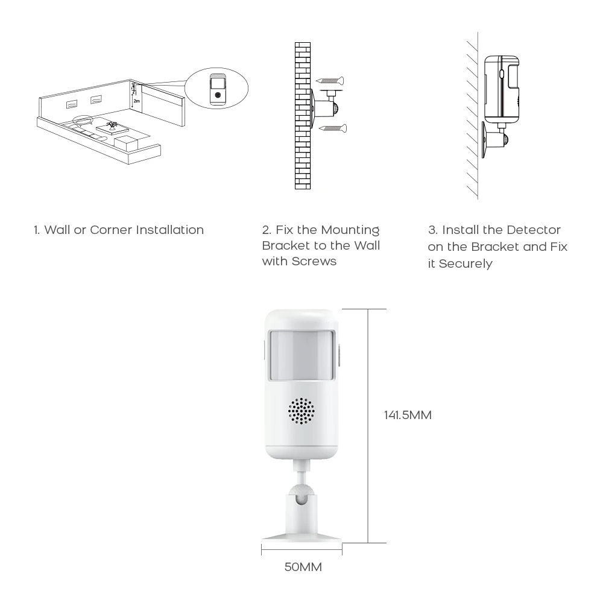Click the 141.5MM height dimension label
click(408, 415)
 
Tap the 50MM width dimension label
click(303, 567)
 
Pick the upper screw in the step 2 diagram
click(330, 79)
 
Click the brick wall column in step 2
click(303, 115)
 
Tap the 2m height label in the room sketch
click(136, 101)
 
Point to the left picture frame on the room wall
click(72, 104)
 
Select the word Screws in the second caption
click(314, 261)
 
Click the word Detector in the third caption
click(533, 230)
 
